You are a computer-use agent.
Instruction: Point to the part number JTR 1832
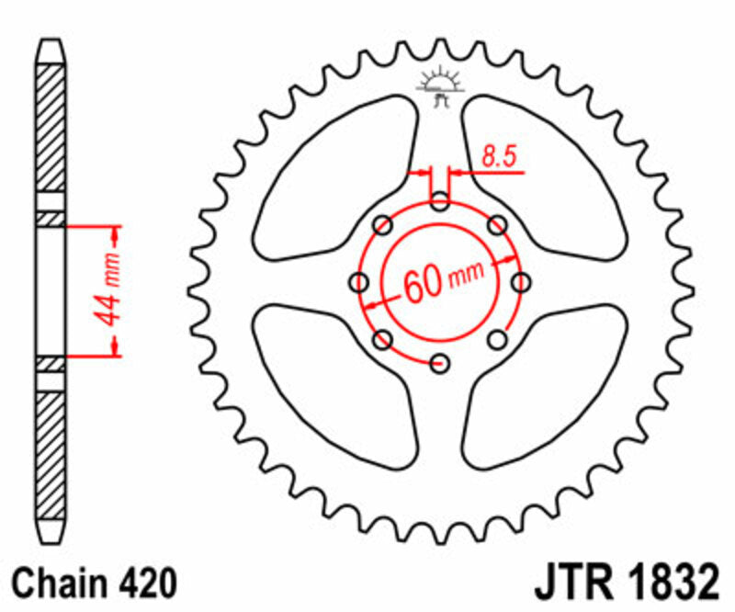click(x=624, y=584)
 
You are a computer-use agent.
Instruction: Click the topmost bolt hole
click(x=440, y=201)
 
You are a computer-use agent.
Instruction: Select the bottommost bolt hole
click(x=440, y=362)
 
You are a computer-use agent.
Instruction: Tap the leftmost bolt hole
click(x=359, y=282)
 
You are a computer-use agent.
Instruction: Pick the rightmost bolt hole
click(x=521, y=282)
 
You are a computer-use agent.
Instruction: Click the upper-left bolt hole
click(x=383, y=225)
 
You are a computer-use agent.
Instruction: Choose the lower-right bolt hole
click(x=497, y=339)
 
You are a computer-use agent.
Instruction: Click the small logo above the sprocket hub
click(x=438, y=85)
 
